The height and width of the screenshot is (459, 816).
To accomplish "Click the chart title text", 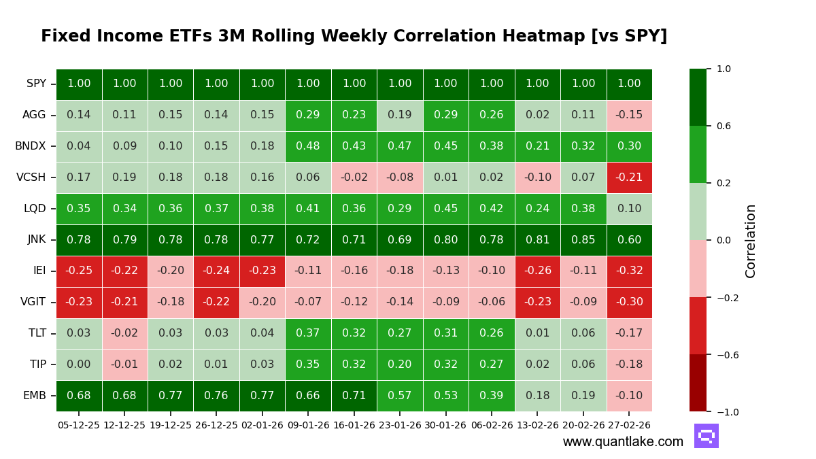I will (354, 37).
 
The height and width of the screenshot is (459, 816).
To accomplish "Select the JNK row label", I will (36, 240).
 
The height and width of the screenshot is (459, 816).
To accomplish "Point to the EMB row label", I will (35, 396).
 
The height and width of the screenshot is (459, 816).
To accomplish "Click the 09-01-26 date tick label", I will (308, 425).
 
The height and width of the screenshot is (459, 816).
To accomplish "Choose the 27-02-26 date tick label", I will (629, 425).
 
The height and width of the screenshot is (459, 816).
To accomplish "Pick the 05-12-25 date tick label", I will (79, 425).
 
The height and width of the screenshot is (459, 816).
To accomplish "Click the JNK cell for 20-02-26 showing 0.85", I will (583, 240).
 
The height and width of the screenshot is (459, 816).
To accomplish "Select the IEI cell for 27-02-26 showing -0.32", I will (629, 271).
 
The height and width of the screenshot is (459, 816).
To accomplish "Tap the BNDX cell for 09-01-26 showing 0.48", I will (308, 146).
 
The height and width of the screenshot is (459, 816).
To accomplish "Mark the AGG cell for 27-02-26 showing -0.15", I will (629, 115).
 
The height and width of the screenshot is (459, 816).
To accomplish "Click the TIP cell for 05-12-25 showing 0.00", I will (79, 364).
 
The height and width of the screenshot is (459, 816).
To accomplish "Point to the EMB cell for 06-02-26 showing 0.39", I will (492, 396).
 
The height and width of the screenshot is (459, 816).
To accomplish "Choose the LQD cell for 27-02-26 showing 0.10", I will (629, 209).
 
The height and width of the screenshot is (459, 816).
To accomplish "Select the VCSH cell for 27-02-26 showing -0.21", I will (629, 177).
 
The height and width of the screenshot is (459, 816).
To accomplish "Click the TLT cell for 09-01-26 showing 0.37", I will (308, 333).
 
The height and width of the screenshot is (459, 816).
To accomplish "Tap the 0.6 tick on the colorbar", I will (724, 126).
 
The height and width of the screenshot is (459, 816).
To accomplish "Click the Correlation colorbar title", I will (751, 241).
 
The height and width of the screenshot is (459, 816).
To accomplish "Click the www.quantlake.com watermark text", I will (623, 442).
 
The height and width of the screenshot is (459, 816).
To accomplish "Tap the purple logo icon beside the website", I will (706, 436).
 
